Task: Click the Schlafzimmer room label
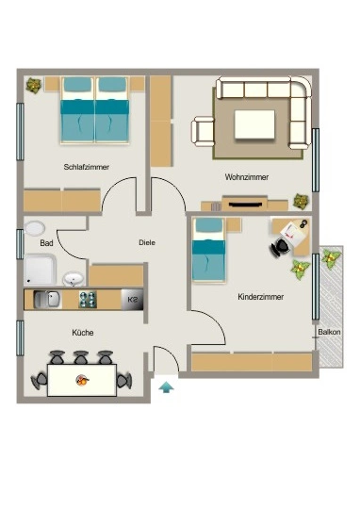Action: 87,167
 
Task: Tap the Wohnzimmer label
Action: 247,177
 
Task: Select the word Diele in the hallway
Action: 147,242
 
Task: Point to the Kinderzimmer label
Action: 261,297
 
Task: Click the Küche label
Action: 83,333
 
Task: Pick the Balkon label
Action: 329,332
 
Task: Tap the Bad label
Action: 46,243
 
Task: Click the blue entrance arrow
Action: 166,387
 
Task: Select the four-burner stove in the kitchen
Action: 88,300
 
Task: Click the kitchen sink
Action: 47,299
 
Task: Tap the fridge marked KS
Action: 132,300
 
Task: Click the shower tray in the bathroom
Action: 40,271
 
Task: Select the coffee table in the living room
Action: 254,124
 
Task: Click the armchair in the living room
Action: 203,131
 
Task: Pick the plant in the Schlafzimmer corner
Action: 33,85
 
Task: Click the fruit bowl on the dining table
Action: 82,380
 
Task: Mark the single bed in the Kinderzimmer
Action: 208,249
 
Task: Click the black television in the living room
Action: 245,205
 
